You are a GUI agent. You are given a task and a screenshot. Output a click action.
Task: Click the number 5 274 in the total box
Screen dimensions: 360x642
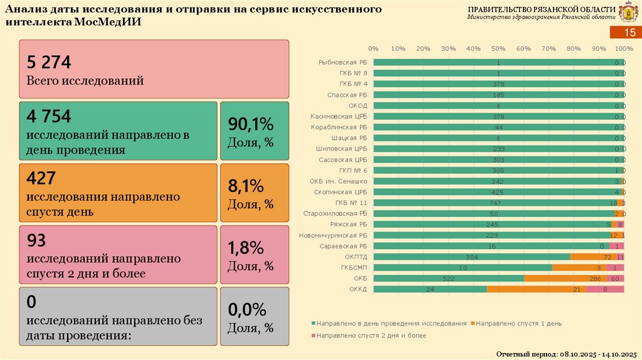click(x=49, y=62)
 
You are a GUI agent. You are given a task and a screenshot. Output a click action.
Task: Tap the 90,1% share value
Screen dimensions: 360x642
click(x=246, y=124)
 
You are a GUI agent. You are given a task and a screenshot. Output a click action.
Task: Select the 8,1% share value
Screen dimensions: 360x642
click(x=246, y=186)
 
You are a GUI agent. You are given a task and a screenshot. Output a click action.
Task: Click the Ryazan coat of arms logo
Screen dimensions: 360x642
click(x=628, y=13)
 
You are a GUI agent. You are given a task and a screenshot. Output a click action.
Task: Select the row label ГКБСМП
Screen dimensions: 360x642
click(x=355, y=268)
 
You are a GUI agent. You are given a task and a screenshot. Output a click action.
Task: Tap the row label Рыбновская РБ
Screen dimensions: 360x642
click(x=342, y=63)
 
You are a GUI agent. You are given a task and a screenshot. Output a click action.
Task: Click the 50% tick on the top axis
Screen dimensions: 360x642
click(x=498, y=48)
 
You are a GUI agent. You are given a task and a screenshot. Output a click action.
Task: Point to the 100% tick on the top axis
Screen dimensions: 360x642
click(x=624, y=48)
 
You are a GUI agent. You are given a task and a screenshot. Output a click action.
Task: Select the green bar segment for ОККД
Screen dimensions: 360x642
click(x=430, y=289)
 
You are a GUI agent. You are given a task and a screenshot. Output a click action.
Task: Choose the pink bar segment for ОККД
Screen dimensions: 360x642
click(x=605, y=289)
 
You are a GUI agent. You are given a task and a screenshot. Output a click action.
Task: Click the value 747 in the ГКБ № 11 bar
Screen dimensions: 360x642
click(x=495, y=203)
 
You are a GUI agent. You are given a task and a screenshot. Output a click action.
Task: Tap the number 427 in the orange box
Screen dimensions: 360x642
click(x=39, y=178)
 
